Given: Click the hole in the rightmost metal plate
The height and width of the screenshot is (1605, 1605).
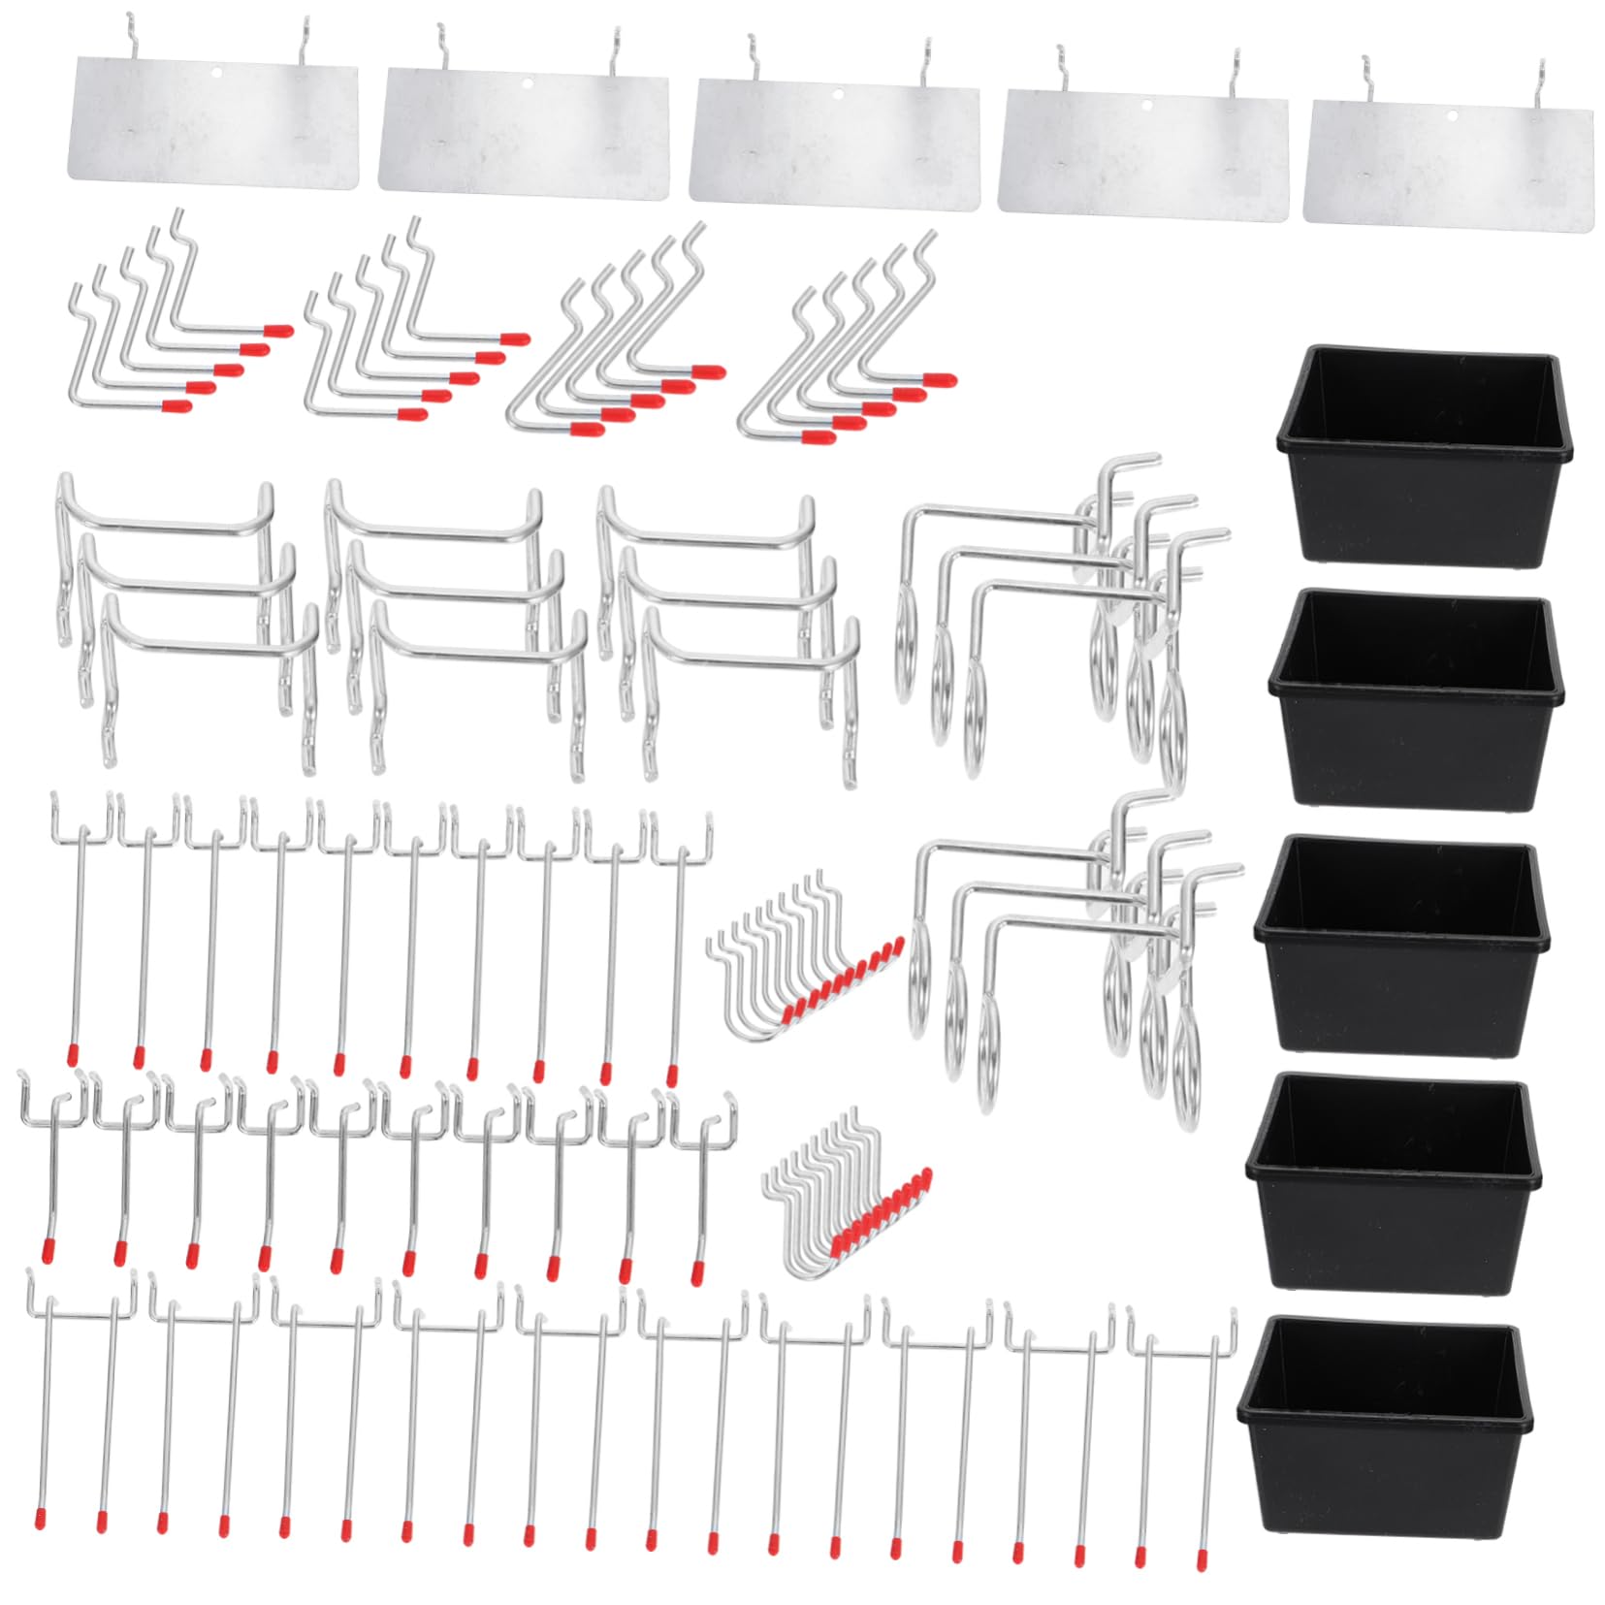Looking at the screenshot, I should [1452, 115].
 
